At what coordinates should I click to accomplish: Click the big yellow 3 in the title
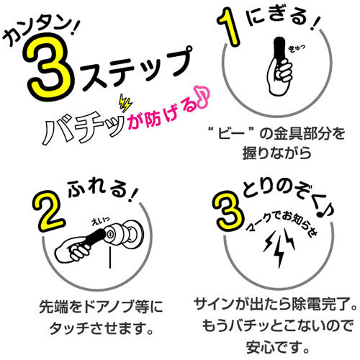pos(49,67)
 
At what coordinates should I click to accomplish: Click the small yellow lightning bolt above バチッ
pos(125,103)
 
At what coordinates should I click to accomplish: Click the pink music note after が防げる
pos(203,96)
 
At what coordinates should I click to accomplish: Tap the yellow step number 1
pos(229,27)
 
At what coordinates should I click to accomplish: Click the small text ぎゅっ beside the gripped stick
pos(297,48)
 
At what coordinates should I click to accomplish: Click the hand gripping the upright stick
pos(280,76)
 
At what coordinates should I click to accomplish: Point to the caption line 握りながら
pos(276,153)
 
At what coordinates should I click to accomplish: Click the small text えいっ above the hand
pos(101,222)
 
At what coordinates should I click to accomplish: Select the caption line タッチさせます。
pos(102,328)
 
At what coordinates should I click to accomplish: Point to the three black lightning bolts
pos(279,247)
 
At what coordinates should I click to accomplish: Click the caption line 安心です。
pos(277,347)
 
